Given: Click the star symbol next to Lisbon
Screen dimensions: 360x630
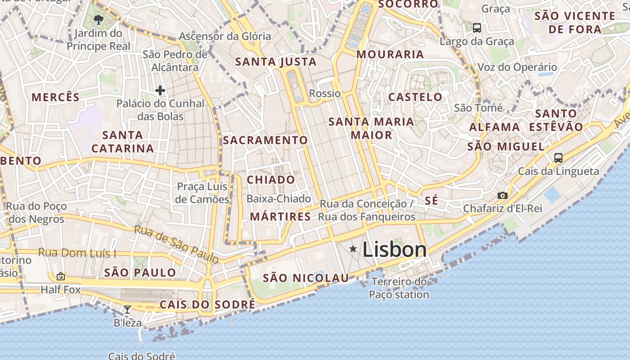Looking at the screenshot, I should click(x=353, y=249).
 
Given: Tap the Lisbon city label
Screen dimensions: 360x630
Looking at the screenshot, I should click(x=394, y=250).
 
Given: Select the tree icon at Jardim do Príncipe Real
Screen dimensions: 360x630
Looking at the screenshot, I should click(x=98, y=19).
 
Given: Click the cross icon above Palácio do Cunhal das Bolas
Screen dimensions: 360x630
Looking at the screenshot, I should click(x=160, y=90).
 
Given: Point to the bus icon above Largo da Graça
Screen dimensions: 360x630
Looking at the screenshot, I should click(x=477, y=28).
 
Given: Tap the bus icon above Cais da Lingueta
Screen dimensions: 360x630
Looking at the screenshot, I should click(x=558, y=157).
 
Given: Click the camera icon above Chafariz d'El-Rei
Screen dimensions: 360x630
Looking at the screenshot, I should click(x=503, y=195).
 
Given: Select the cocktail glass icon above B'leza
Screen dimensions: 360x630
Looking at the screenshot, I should click(x=127, y=309).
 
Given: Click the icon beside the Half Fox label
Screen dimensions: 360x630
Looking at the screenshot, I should click(x=61, y=276).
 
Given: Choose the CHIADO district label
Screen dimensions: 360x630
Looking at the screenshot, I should click(x=271, y=180).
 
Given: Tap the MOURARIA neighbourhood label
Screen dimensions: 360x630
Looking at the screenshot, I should click(x=390, y=54).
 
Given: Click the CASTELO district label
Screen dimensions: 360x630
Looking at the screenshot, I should click(x=415, y=97).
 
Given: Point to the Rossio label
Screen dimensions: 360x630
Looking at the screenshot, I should click(x=325, y=94).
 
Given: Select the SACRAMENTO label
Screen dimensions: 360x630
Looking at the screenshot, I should click(x=265, y=140).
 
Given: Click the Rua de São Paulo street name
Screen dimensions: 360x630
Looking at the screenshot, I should click(x=177, y=244).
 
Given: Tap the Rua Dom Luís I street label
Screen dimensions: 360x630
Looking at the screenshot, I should click(x=77, y=253).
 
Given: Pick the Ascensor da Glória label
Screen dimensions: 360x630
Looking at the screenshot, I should click(x=225, y=36).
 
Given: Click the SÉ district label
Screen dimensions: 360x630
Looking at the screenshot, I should click(x=431, y=201).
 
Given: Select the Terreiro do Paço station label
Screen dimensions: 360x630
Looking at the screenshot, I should click(x=399, y=288).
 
